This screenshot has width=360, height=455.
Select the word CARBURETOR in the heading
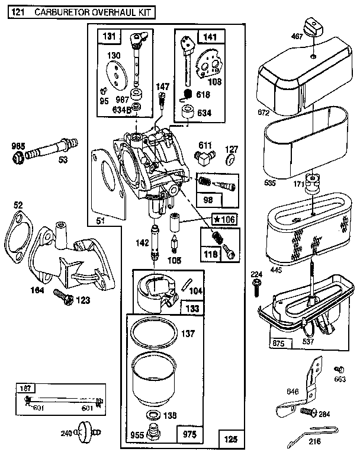point(67,11)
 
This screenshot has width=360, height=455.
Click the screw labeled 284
point(307,411)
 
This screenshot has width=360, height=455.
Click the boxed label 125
point(230,439)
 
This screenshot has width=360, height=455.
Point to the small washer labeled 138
point(152,414)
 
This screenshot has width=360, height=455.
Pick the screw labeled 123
point(61,294)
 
